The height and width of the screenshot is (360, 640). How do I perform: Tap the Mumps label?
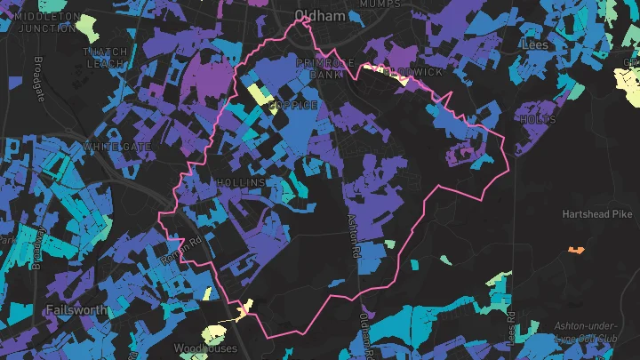coord(381,4)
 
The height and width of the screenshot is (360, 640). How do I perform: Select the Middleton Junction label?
coord(44,22)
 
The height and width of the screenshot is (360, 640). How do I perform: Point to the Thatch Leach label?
coord(105,58)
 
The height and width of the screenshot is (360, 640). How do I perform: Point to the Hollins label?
coord(241,182)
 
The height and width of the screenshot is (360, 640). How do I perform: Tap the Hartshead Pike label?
coord(597,214)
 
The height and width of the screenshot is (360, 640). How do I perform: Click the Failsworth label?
coord(76,310)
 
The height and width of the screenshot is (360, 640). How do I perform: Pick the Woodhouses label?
coord(205,348)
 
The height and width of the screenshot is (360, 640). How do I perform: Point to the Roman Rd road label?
coord(181,250)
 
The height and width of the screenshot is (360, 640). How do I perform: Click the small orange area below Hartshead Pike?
coord(576,250)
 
